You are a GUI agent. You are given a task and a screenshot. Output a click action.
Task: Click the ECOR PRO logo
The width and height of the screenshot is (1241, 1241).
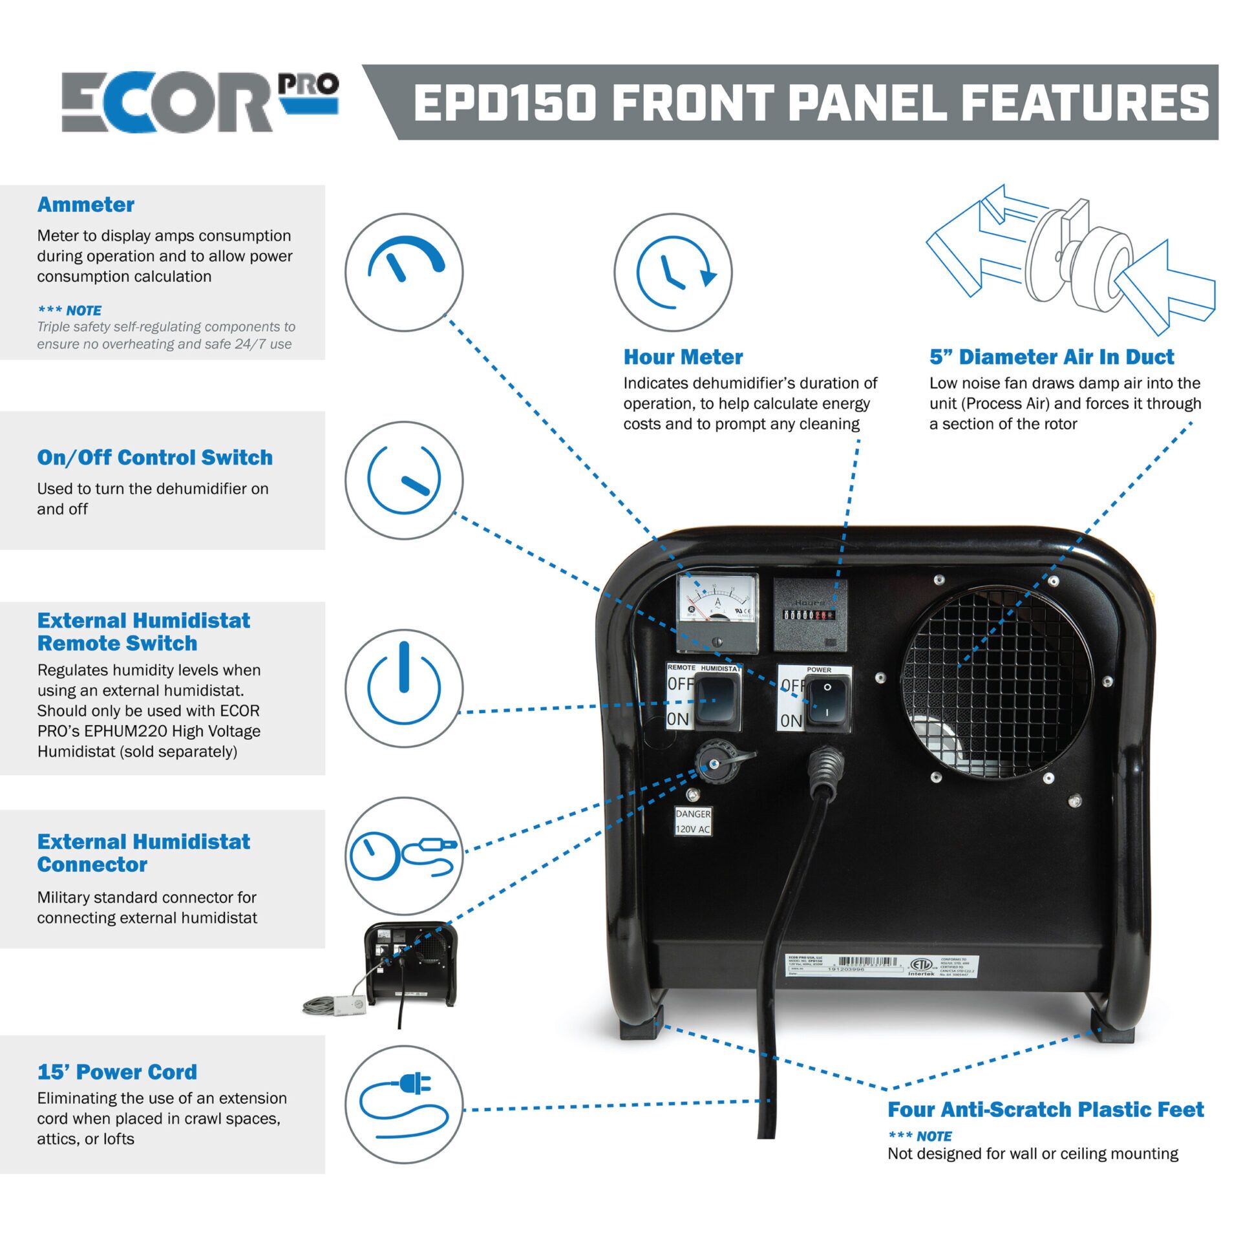point(199,101)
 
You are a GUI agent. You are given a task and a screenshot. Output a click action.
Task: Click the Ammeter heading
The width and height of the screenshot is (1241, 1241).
point(85,205)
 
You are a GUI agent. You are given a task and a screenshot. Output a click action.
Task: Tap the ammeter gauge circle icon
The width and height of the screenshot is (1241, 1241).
point(404,272)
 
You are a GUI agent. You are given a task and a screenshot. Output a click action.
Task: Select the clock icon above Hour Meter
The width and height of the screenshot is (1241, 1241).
point(673,272)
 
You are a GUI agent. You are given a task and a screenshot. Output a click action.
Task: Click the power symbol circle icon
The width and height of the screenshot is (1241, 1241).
point(404,688)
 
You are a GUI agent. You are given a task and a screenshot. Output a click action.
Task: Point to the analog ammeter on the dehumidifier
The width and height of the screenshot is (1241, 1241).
point(717,613)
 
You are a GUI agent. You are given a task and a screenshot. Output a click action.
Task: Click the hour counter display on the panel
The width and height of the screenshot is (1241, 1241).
point(809,615)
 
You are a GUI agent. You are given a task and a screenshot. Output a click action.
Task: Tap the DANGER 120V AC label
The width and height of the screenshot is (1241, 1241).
point(693,822)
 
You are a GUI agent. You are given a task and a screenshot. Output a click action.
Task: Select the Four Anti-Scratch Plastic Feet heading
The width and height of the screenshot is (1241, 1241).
point(1045,1110)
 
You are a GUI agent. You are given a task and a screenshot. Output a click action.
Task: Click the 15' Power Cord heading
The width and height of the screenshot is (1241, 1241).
point(117,1072)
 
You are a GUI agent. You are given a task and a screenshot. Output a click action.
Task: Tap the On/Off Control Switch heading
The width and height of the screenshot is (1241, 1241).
point(154,458)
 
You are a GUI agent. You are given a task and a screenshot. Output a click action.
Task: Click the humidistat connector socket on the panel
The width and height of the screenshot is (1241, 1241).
point(713,765)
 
